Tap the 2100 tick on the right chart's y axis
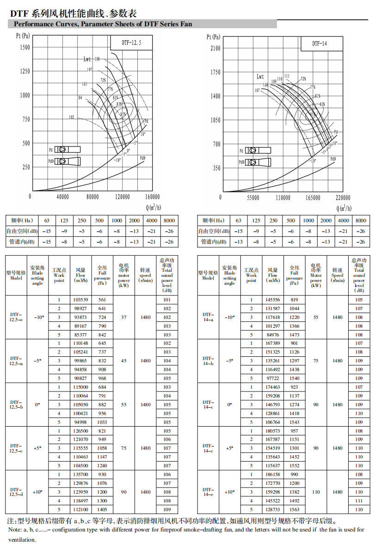tap(215, 48)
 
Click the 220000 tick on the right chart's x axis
tap(343, 198)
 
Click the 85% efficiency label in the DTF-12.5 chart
tap(123, 114)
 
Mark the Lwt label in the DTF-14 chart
tap(260, 77)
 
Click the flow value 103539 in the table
tap(80, 300)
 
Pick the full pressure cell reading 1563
tap(294, 509)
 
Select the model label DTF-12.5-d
tap(16, 492)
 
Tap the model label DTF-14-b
tap(208, 361)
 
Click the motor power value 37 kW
tap(123, 318)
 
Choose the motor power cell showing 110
tap(316, 492)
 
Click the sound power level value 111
tap(359, 501)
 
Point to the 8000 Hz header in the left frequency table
tap(169, 221)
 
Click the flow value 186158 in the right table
tap(273, 475)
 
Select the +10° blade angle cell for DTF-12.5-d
tap(37, 492)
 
